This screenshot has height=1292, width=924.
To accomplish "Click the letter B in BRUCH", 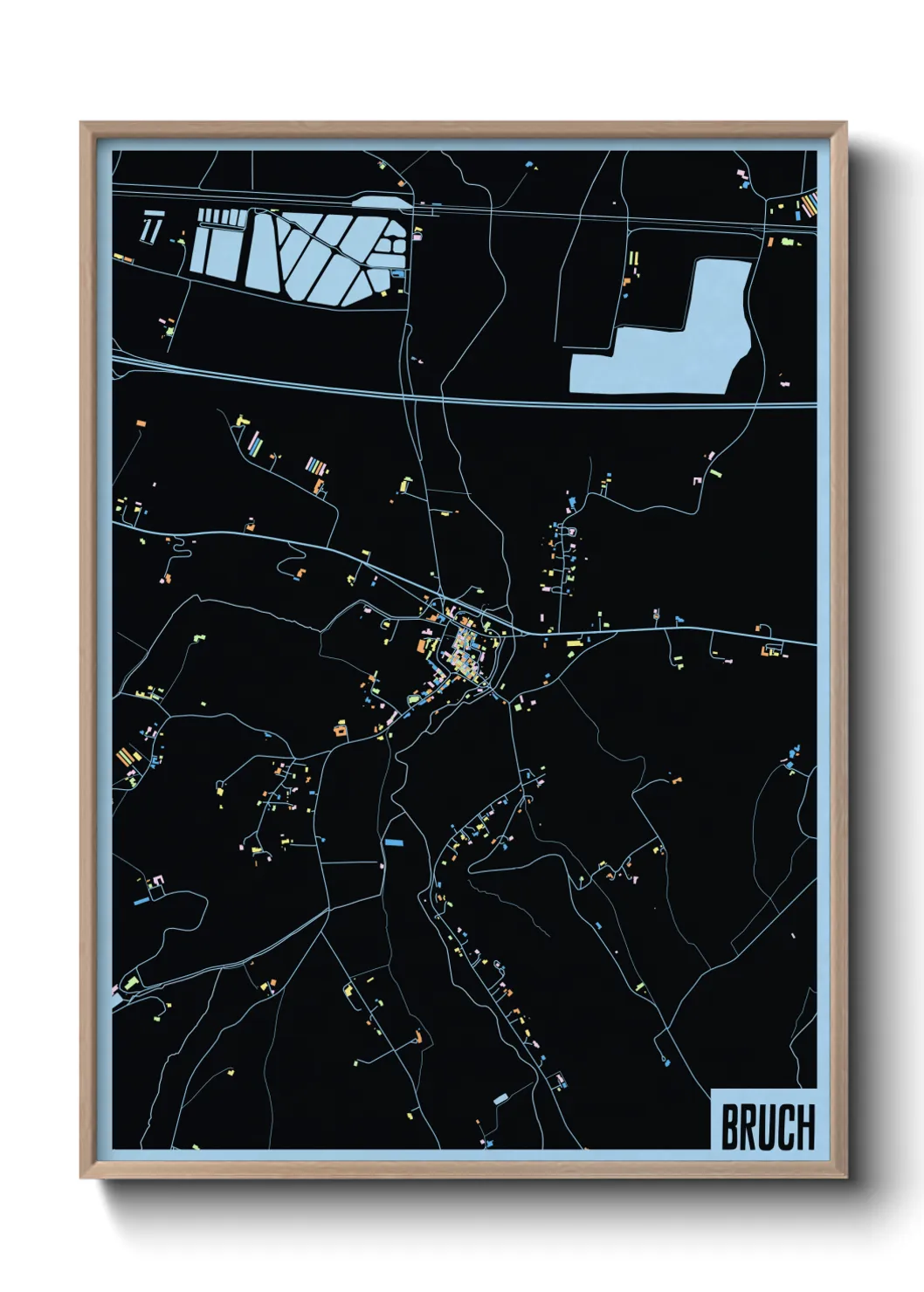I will coord(729,1127).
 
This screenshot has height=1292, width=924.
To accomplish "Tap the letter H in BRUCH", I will coord(804,1127).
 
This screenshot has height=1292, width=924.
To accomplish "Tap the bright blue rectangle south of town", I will coord(395,842).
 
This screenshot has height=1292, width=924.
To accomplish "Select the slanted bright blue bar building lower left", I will coord(141,900).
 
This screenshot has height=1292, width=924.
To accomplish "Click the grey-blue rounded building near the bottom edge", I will coord(500,1100).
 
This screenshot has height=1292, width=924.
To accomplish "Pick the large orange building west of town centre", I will coord(422,645).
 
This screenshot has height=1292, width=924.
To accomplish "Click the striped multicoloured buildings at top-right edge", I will coord(809,206).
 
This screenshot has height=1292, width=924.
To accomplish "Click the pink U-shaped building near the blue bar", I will coord(157,880).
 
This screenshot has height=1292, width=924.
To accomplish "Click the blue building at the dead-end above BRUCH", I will coord(668,1062).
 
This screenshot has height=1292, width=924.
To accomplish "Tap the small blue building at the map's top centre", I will coord(528,163).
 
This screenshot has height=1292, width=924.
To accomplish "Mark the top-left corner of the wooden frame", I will coord(81,123).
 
